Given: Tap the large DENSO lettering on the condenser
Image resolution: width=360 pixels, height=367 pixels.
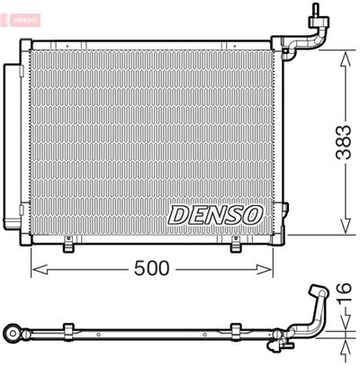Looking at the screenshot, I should pos(214,215).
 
